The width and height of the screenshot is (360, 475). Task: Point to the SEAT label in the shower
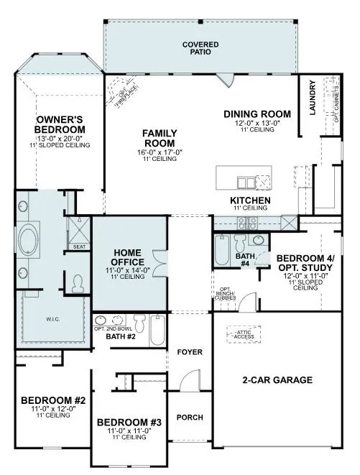click(x=78, y=246)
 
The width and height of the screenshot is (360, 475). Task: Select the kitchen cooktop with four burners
click(x=251, y=221)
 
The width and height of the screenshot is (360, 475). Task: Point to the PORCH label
click(x=190, y=418)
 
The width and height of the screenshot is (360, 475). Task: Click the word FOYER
click(x=190, y=352)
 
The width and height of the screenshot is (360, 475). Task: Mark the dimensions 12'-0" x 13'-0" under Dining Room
click(x=257, y=123)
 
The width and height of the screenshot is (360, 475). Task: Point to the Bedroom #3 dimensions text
click(x=124, y=430)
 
